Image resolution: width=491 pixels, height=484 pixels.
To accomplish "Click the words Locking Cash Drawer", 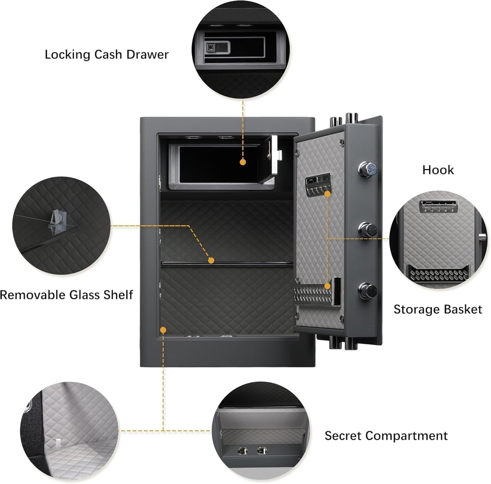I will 106,55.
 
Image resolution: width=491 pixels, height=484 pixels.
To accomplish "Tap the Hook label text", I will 438,170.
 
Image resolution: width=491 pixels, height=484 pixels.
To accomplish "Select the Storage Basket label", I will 438,309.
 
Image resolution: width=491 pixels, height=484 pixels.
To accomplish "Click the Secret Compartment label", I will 386,436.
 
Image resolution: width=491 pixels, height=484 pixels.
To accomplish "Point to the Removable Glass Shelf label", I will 67,295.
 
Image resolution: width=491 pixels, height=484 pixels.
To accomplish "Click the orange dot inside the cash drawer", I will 243,162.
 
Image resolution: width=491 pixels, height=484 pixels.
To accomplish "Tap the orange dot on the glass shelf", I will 211,261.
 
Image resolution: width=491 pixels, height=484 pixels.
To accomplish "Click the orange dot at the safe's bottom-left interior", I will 163,330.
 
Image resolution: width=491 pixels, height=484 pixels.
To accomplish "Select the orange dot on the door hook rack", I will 328,194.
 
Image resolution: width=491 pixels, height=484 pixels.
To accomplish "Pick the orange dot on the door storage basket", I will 328,286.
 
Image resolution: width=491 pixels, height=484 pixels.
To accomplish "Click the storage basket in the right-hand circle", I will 434,272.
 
